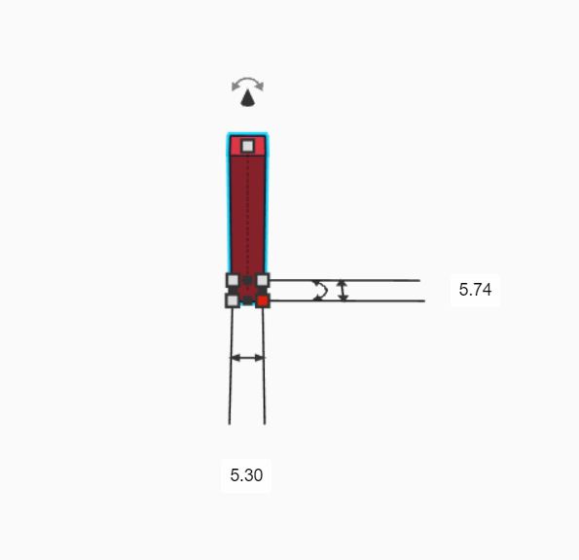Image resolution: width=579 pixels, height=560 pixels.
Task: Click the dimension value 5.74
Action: (475, 290)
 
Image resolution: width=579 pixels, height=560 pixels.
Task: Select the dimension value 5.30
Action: (246, 475)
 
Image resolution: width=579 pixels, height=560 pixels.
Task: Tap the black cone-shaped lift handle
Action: (249, 97)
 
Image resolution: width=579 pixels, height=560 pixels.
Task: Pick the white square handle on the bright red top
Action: (248, 146)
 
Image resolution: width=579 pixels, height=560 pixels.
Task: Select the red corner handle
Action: (263, 300)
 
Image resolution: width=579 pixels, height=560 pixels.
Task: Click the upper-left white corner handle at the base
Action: (233, 280)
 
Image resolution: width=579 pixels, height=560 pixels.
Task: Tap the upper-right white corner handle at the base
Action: (263, 280)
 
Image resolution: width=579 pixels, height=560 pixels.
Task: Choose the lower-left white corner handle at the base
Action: (233, 300)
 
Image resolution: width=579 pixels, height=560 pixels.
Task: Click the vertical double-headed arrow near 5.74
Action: (343, 290)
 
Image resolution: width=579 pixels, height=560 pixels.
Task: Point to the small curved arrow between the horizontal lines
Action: (320, 290)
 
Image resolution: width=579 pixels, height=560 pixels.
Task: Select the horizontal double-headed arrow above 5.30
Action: (247, 358)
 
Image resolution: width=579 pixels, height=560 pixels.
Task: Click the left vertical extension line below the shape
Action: (231, 389)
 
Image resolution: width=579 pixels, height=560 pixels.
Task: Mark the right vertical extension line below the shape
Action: (265, 389)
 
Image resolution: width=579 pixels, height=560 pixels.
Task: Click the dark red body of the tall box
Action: (239, 214)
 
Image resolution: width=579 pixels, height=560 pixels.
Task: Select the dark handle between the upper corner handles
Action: (248, 280)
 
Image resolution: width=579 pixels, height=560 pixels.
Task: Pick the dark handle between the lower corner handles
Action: (248, 300)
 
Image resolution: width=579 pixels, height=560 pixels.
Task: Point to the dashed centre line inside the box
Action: (249, 224)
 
